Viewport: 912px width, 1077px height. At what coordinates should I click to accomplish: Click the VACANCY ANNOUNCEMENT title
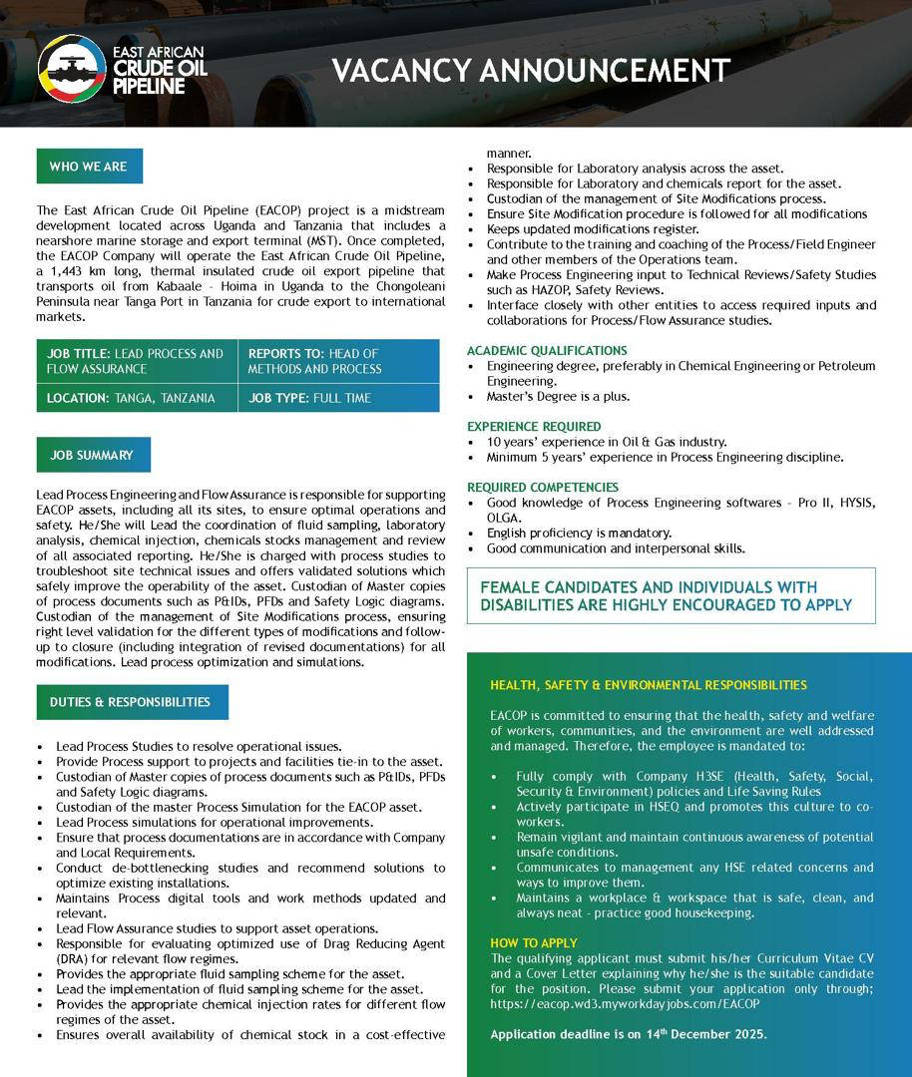pos(530,71)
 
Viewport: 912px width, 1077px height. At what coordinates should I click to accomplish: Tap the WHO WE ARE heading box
pos(89,167)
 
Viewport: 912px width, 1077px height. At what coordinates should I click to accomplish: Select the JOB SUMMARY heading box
pos(92,455)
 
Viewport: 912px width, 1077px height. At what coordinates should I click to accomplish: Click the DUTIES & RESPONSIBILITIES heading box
pos(131,702)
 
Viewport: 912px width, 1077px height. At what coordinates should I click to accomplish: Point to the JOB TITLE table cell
pos(137,361)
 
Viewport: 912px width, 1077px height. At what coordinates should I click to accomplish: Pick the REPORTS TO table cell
pos(338,361)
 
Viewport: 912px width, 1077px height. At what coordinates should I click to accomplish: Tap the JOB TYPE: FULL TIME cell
pos(338,398)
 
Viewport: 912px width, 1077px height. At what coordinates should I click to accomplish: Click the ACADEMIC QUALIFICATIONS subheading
pos(548,351)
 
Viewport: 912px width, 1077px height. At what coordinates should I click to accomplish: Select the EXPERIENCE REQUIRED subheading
pos(534,427)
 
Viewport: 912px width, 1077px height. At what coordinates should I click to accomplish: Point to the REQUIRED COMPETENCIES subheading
pos(543,488)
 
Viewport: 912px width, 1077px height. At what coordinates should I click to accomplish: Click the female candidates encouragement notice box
pos(671,595)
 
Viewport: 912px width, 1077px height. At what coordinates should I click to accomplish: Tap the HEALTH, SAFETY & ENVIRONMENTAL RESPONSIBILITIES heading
pos(649,685)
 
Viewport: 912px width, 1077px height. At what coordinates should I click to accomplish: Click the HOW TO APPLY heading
pos(534,943)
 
